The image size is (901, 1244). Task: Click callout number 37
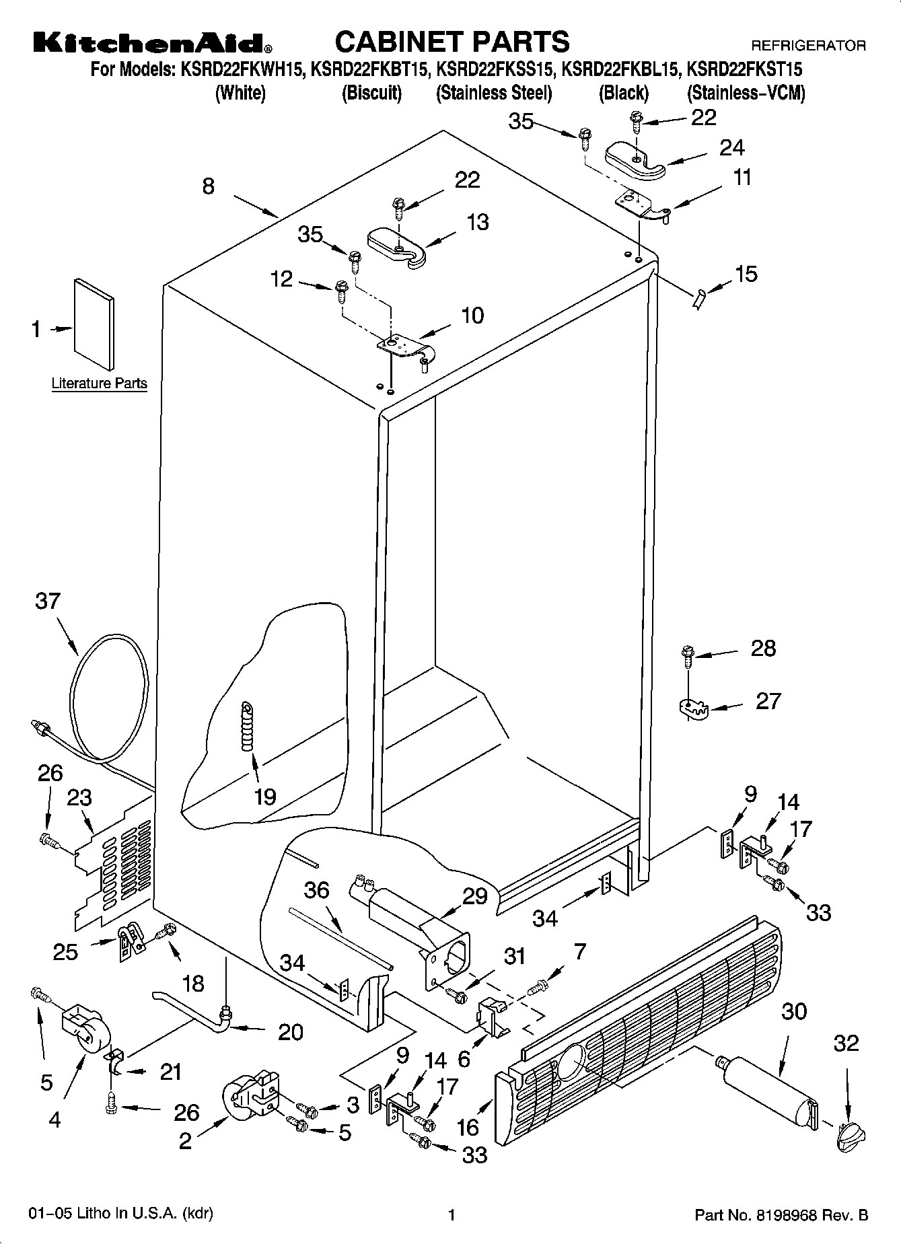[48, 601]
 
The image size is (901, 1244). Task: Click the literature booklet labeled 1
[94, 324]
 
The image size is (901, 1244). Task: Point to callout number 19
[265, 797]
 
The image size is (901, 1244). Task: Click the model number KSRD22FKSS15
[495, 69]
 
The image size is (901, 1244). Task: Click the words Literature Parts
[99, 383]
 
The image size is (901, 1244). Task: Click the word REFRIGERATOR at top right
[808, 46]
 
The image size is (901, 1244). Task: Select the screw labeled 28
[688, 655]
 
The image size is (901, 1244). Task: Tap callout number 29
[474, 896]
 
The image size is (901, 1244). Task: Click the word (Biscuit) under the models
[371, 93]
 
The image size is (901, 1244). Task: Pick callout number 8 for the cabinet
[209, 186]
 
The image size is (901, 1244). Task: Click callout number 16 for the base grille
[468, 1126]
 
